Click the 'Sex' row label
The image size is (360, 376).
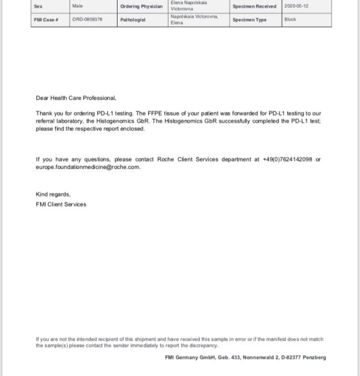click(38, 6)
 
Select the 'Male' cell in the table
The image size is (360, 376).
click(77, 6)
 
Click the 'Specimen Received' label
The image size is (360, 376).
click(254, 7)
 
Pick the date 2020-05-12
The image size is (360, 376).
click(296, 6)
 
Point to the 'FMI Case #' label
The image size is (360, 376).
click(46, 20)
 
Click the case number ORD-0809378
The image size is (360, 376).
click(88, 20)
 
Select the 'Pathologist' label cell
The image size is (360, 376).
click(133, 20)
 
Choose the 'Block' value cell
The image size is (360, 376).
click(290, 20)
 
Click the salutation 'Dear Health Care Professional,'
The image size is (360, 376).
click(76, 98)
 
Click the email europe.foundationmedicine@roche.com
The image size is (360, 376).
click(88, 167)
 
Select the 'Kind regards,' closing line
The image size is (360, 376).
click(53, 194)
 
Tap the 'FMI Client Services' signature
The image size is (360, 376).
click(61, 204)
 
